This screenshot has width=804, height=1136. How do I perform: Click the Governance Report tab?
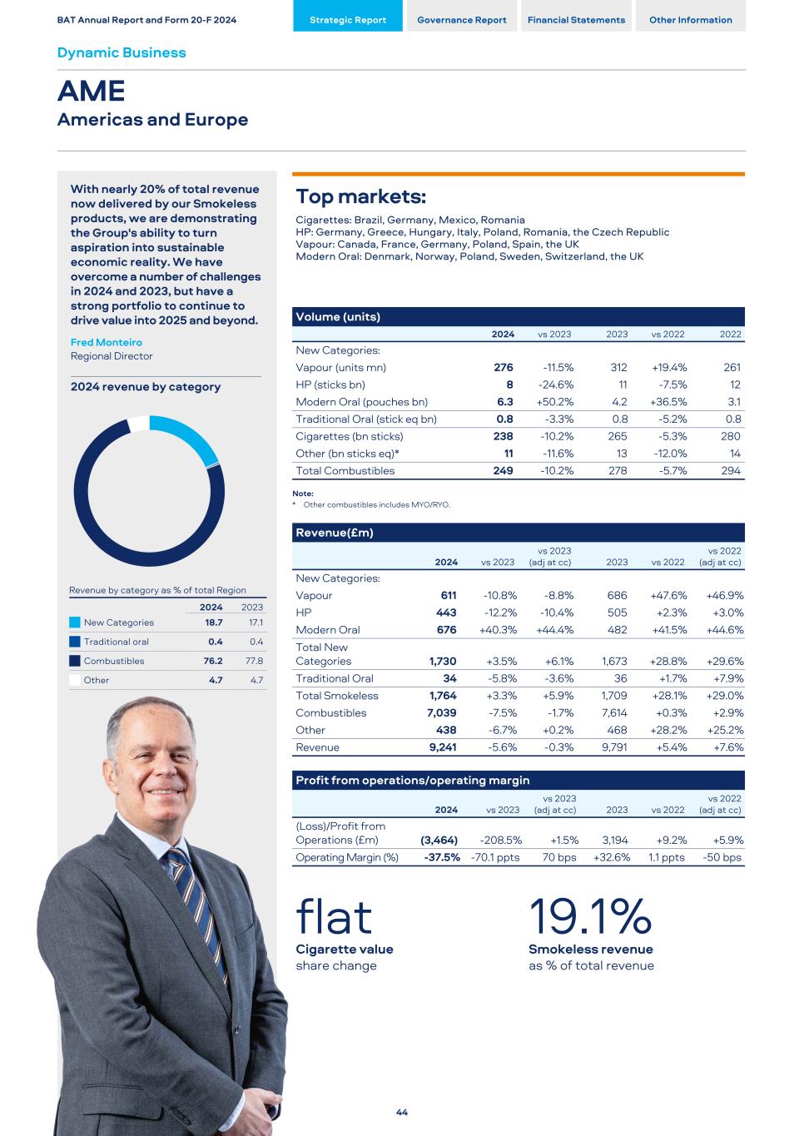pyautogui.click(x=461, y=20)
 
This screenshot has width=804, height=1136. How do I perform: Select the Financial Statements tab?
pyautogui.click(x=576, y=20)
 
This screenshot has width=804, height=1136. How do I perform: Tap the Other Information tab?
pyautogui.click(x=691, y=20)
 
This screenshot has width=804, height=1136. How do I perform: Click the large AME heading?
pyautogui.click(x=92, y=91)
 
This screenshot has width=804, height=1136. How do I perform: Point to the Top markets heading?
pyautogui.click(x=361, y=197)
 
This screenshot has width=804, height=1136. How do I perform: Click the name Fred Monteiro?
pyautogui.click(x=107, y=342)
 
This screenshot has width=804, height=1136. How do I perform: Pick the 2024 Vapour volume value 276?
pyautogui.click(x=503, y=367)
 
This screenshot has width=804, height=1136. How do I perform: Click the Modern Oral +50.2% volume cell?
pyautogui.click(x=554, y=402)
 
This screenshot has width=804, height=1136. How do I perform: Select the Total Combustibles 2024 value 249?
pyautogui.click(x=503, y=471)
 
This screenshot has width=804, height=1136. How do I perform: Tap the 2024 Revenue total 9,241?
pyautogui.click(x=443, y=747)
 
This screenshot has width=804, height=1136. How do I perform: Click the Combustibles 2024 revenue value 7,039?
pyautogui.click(x=442, y=713)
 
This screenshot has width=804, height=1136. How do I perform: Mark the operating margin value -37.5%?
pyautogui.click(x=441, y=857)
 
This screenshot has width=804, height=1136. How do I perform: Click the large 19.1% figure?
pyautogui.click(x=590, y=916)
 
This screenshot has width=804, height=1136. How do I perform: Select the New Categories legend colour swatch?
pyautogui.click(x=75, y=623)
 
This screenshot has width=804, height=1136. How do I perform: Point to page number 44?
pyautogui.click(x=402, y=1113)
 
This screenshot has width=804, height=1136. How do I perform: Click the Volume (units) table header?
pyautogui.click(x=340, y=317)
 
